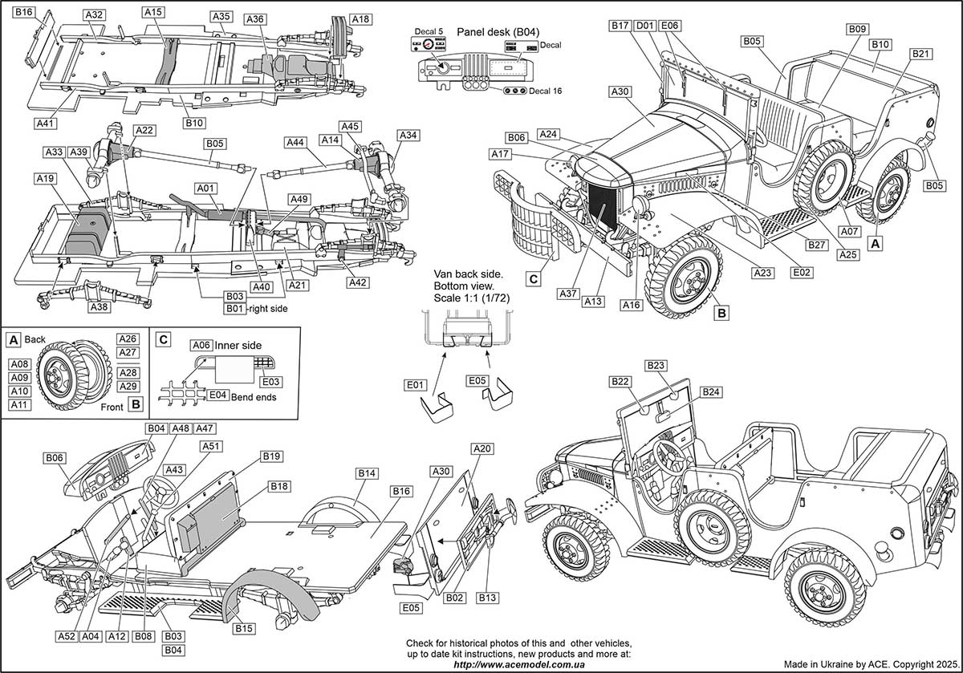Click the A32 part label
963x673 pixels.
point(94,14)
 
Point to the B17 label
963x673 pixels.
point(619,26)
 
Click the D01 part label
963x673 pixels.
point(644,26)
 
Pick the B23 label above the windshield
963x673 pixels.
point(656,365)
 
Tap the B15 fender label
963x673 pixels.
point(245,629)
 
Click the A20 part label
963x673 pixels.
point(482,449)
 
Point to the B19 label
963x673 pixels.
point(272,456)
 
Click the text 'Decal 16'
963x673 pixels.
point(545,91)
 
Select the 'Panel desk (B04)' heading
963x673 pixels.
point(498,31)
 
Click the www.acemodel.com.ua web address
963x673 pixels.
point(519,664)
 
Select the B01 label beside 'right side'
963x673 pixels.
point(234,308)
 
